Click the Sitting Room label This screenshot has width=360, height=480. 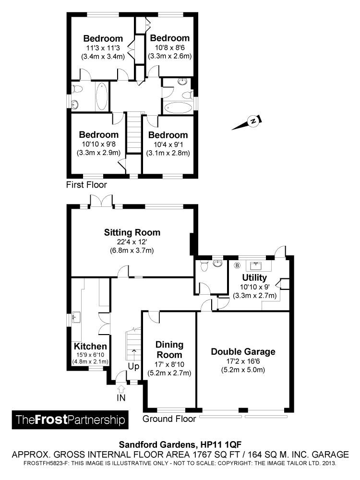132,232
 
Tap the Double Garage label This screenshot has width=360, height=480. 243,351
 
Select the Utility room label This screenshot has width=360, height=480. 254,277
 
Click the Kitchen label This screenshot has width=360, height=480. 90,346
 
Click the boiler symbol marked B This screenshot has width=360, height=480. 237,265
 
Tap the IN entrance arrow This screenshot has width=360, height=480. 121,389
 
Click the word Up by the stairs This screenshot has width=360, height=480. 133,366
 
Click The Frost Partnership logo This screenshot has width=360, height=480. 70,420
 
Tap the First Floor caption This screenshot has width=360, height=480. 86,185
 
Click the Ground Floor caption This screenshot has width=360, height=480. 169,419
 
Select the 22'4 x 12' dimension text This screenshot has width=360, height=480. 132,242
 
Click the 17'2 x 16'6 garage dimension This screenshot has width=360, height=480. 243,361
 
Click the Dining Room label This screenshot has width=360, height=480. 169,349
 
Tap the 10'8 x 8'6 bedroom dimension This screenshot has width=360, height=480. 170,48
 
